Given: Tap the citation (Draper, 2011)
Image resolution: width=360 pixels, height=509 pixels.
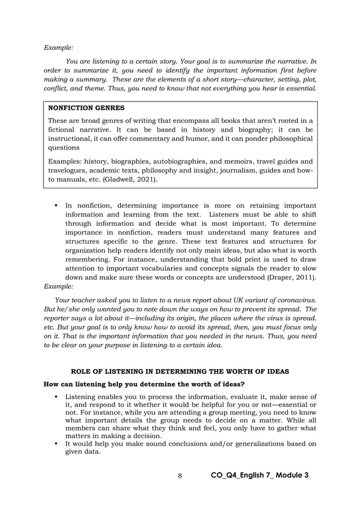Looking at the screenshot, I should [x=289, y=278].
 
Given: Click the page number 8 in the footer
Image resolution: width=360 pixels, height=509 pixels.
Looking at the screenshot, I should [x=179, y=475].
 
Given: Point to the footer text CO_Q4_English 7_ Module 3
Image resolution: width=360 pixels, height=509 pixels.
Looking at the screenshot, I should [x=259, y=475].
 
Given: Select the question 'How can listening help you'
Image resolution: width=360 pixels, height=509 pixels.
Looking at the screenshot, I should [x=144, y=384].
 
